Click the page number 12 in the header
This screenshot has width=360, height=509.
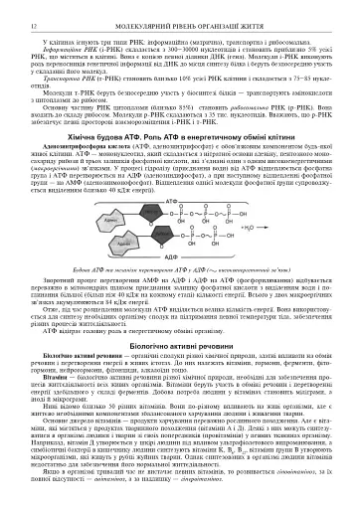[x=19, y=7]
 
